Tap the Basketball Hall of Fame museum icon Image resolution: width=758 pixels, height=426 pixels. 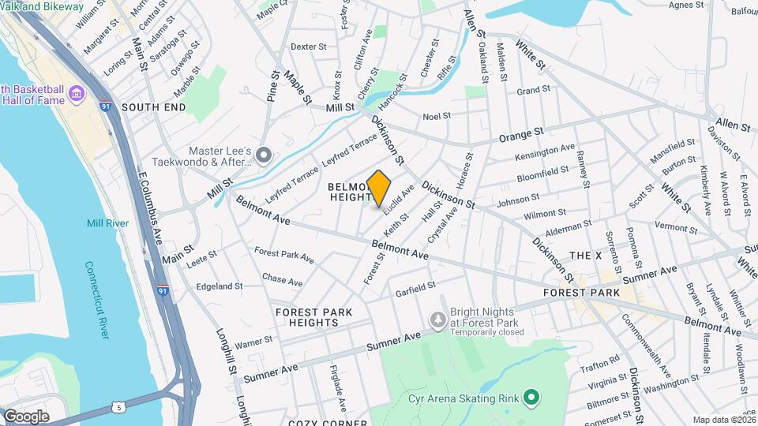pyautogui.click(x=77, y=95)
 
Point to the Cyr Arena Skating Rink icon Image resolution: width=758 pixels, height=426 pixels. pyautogui.click(x=532, y=396)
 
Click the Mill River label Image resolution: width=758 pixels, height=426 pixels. pyautogui.click(x=107, y=223)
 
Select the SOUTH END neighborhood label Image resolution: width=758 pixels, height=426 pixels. pyautogui.click(x=154, y=107)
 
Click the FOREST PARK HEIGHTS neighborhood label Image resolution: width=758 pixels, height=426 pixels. pyautogui.click(x=314, y=319)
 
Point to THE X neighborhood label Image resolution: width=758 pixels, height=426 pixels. pyautogui.click(x=585, y=256)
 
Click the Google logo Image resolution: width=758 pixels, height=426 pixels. pyautogui.click(x=26, y=416)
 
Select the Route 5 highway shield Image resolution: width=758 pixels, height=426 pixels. pyautogui.click(x=118, y=407)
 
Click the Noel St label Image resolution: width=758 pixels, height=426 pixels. pyautogui.click(x=436, y=116)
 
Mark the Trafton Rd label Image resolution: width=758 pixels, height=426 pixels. pyautogui.click(x=603, y=361)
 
